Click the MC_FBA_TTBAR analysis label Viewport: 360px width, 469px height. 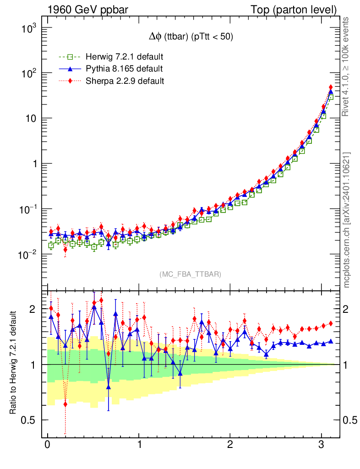tap(191, 274)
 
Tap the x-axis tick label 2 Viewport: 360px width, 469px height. tap(230, 445)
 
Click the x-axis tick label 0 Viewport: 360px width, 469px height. tap(47, 445)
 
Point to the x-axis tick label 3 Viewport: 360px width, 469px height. tap(322, 445)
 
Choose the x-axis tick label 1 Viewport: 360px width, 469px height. tap(139, 445)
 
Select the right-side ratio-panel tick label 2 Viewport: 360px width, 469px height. tap(349, 309)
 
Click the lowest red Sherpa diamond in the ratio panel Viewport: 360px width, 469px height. tap(65, 404)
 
